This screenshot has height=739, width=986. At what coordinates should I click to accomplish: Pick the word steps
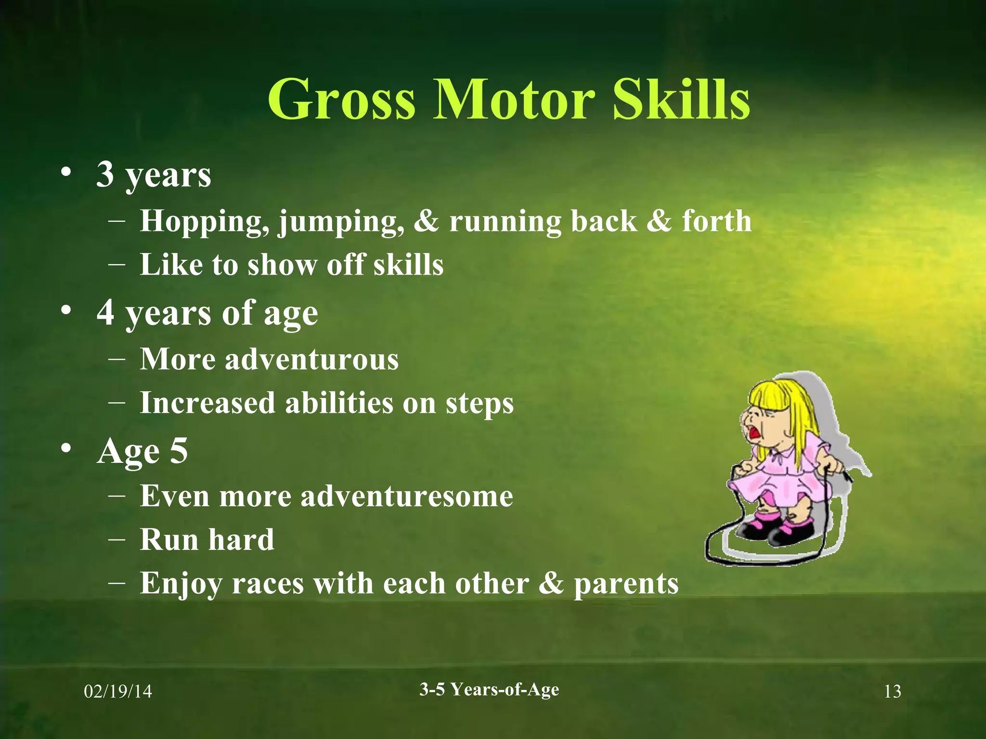point(480,403)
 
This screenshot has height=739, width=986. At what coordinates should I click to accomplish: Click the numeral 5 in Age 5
point(179,450)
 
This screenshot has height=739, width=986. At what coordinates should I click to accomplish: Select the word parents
point(626,583)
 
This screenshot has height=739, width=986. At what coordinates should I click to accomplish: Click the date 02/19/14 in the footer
point(118,691)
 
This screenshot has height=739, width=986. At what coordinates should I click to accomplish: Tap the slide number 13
point(892,691)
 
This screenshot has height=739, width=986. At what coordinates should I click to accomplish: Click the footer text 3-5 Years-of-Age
point(489,689)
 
